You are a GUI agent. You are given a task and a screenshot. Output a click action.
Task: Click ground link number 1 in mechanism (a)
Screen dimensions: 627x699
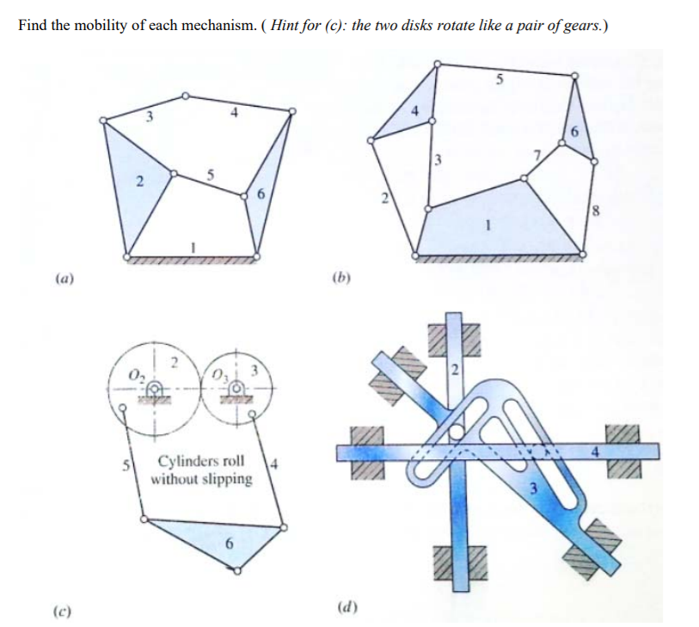pos(193,247)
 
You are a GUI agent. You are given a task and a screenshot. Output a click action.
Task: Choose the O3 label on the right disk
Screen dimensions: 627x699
pos(218,375)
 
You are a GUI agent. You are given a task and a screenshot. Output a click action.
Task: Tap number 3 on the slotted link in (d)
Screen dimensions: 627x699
pos(532,491)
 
